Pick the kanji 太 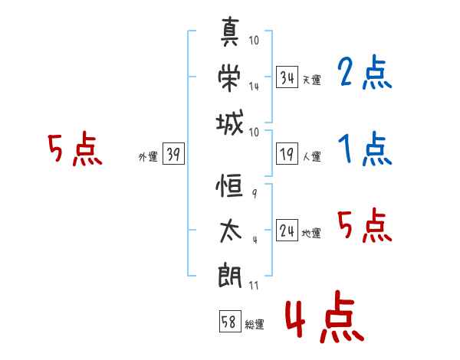(230, 231)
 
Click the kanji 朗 (230, 273)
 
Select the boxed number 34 (287, 77)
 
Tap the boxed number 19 (287, 155)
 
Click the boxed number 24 (287, 231)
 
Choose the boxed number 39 (173, 155)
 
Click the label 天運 (311, 80)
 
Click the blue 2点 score (363, 74)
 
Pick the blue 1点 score (363, 149)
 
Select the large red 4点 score (323, 319)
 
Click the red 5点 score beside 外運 (75, 149)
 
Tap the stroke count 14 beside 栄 (254, 87)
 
